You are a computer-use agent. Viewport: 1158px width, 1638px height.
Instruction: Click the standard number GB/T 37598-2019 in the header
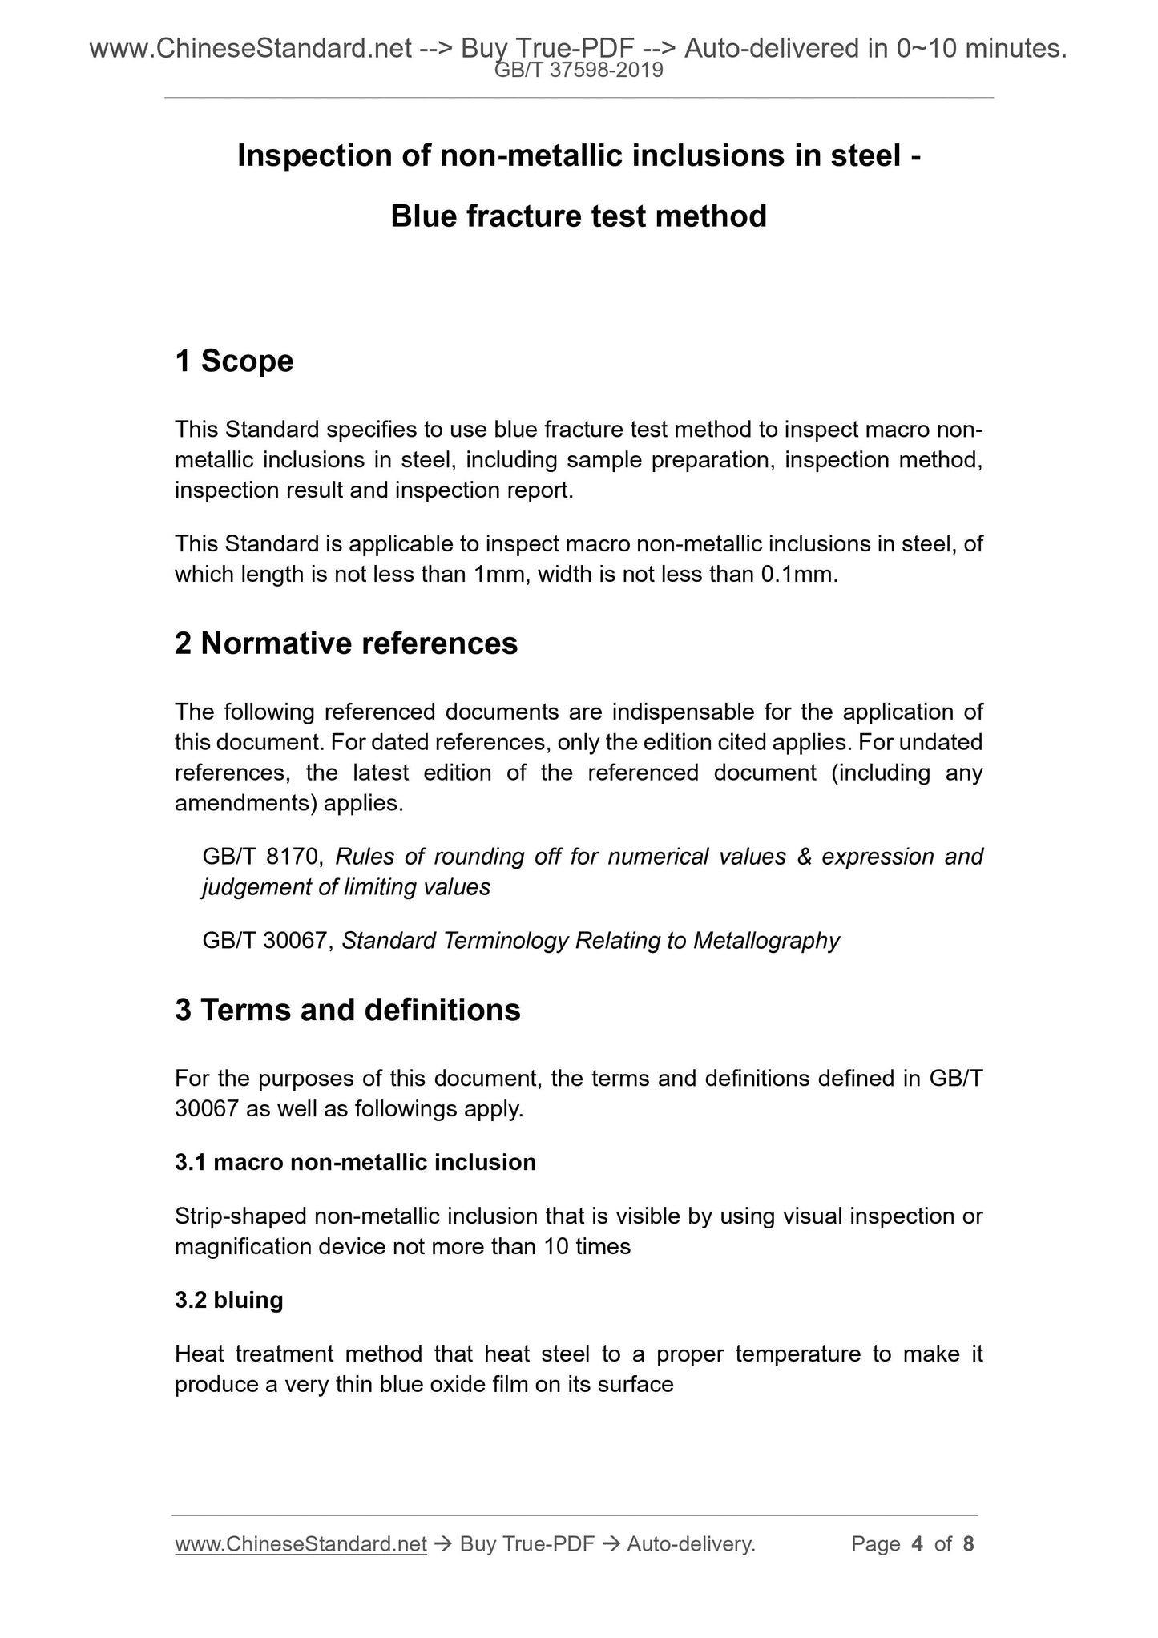(x=579, y=71)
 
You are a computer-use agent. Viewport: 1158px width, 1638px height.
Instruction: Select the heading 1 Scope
(x=234, y=361)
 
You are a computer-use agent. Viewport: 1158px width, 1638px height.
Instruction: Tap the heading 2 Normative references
(x=346, y=643)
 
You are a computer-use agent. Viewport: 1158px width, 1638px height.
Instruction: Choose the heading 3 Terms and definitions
(x=348, y=1010)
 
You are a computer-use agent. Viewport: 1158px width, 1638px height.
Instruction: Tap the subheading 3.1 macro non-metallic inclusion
(x=355, y=1162)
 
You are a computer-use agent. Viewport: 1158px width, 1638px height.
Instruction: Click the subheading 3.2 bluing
(x=229, y=1300)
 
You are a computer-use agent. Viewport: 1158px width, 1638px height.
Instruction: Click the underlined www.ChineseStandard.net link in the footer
(x=301, y=1544)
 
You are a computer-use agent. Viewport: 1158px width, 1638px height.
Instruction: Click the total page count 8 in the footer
(x=968, y=1544)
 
